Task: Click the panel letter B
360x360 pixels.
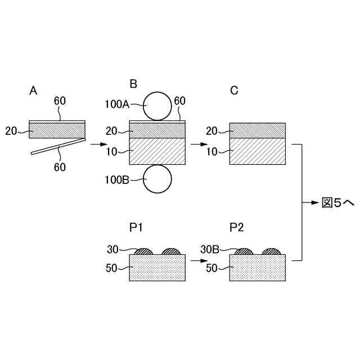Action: [x=133, y=84]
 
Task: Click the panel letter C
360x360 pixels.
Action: [x=234, y=89]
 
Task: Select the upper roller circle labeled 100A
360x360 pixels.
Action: [x=157, y=106]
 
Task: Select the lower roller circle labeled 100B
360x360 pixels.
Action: [x=157, y=179]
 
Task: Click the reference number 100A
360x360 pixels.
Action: [x=116, y=103]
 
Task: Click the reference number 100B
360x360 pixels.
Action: [x=116, y=180]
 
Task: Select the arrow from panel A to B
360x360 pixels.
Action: [x=99, y=145]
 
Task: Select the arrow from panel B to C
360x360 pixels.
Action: [x=199, y=145]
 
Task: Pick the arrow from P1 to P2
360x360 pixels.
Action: [x=199, y=261]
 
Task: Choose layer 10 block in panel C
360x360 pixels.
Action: [x=258, y=151]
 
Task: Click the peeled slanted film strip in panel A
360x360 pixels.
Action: [x=56, y=147]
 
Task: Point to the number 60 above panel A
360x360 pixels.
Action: [x=60, y=101]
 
